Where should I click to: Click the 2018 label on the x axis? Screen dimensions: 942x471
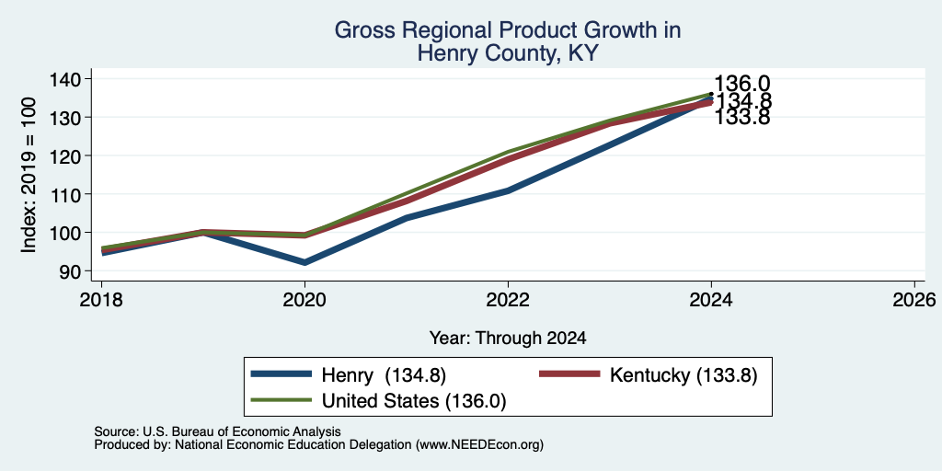(x=101, y=299)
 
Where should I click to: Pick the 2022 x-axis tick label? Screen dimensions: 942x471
(x=508, y=299)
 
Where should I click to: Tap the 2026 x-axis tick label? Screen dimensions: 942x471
(x=914, y=299)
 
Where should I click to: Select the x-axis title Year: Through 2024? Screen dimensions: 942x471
(x=508, y=339)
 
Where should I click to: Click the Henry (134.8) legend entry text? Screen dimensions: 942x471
(x=384, y=375)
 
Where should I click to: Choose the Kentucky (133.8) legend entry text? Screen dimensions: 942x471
(x=684, y=375)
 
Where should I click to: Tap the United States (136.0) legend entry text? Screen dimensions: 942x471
(x=414, y=401)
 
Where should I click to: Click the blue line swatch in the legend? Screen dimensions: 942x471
(x=281, y=374)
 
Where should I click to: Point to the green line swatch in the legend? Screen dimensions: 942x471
(x=281, y=400)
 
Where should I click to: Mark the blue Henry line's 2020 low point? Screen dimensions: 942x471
(x=305, y=262)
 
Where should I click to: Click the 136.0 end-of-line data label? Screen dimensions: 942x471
(x=742, y=85)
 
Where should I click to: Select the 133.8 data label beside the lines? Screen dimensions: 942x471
(x=742, y=117)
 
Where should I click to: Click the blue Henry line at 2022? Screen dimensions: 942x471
(x=508, y=190)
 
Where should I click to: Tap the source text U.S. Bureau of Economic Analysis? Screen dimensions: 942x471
(x=241, y=431)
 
